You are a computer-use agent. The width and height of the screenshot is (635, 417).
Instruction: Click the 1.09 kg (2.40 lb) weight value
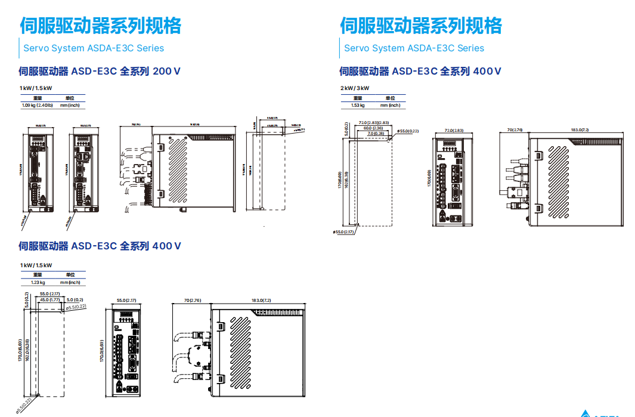(x=37, y=105)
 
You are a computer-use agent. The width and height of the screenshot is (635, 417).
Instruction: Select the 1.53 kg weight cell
(x=358, y=105)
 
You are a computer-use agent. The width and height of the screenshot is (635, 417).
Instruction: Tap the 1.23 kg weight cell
(x=38, y=282)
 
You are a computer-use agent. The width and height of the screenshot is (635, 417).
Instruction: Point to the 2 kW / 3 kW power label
(x=355, y=88)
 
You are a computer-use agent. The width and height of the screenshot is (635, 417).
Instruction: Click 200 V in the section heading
(x=167, y=71)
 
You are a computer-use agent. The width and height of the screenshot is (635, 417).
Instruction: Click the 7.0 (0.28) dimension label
(x=376, y=133)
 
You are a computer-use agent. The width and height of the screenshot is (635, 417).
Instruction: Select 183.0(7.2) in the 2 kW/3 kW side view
(x=580, y=129)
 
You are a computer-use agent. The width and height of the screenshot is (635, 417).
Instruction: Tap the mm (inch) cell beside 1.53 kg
(x=390, y=105)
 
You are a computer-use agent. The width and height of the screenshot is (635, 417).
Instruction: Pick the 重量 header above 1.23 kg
(x=38, y=274)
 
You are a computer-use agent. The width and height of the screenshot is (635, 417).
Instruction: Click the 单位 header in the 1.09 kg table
(x=70, y=97)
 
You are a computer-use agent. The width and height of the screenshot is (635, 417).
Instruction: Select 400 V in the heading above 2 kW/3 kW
(x=487, y=71)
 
